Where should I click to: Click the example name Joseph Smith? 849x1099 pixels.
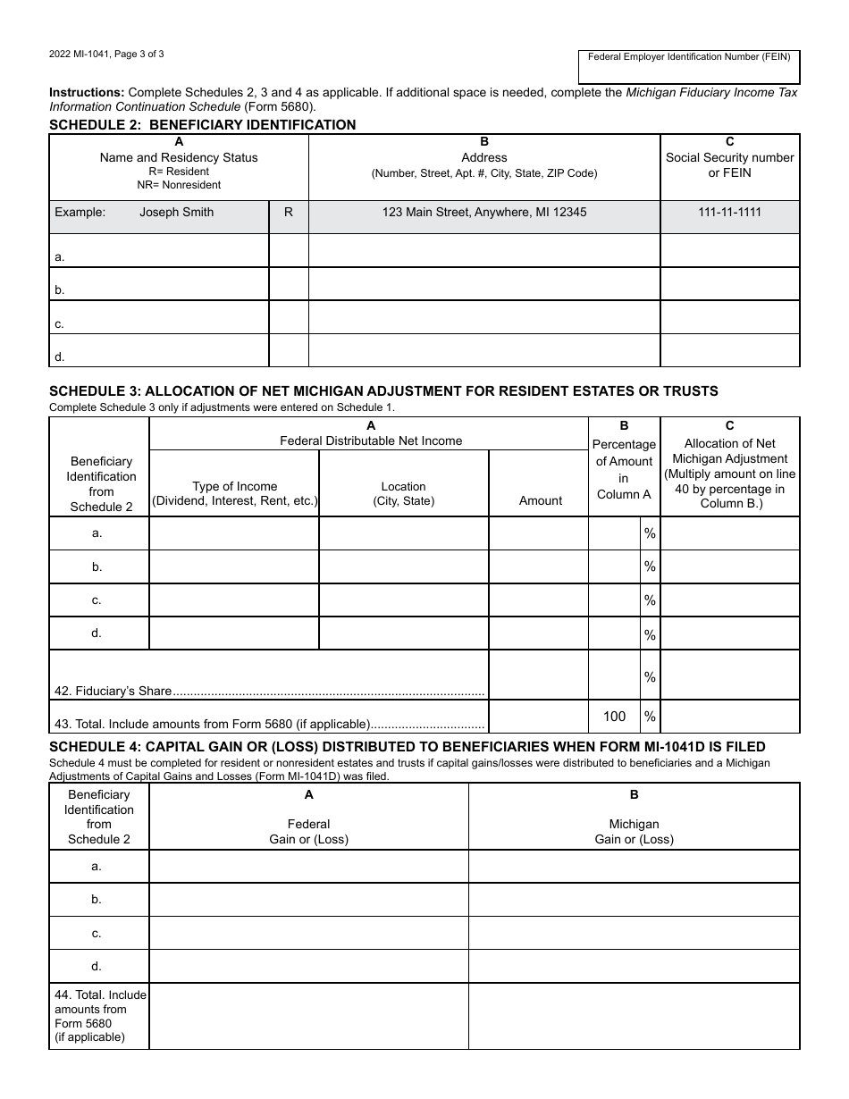(x=176, y=213)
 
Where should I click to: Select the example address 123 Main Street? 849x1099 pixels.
(x=484, y=213)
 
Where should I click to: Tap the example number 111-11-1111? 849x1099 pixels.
(x=729, y=213)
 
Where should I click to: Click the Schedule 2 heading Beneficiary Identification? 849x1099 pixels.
(x=202, y=125)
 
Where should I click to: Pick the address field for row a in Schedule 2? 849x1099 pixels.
(x=484, y=251)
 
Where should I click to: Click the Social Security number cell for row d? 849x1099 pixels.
(x=729, y=351)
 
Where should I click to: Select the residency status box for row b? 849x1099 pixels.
(x=289, y=284)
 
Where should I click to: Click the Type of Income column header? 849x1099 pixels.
(x=234, y=493)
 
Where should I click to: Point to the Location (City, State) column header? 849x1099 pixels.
(x=403, y=493)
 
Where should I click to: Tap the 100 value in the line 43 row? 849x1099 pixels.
(x=614, y=716)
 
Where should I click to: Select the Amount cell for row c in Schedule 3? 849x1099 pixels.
(x=538, y=600)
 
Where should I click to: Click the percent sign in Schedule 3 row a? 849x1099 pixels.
(x=650, y=533)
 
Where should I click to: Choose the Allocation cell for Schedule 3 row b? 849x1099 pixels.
(x=729, y=566)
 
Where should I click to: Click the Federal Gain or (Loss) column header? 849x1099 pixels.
(x=308, y=831)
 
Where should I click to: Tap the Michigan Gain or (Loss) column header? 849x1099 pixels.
(x=634, y=831)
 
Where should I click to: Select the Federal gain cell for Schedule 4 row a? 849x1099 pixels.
(x=308, y=867)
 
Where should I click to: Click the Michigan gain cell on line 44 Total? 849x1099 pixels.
(x=634, y=1016)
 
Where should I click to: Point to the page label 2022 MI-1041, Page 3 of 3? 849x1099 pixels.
(x=106, y=54)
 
